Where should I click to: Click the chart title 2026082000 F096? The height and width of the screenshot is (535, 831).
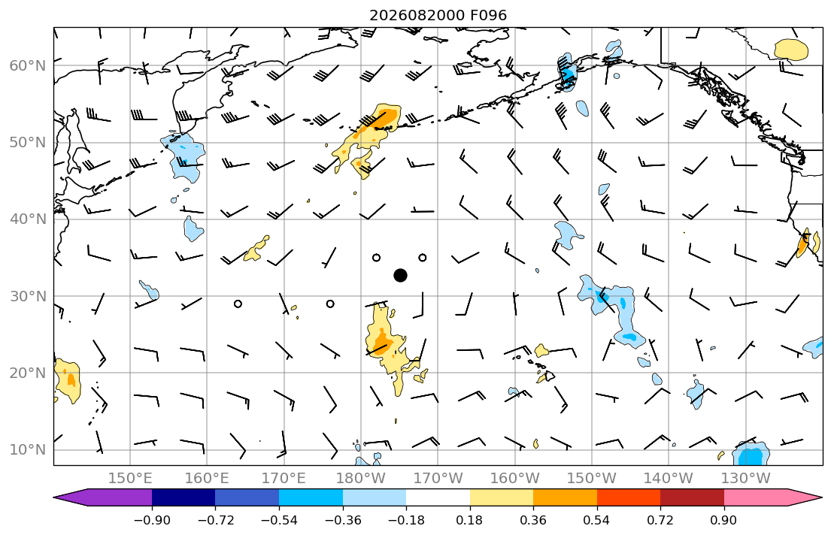click(438, 15)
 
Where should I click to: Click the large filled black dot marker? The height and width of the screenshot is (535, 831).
click(401, 276)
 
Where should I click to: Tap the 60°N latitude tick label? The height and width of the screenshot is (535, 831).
click(28, 65)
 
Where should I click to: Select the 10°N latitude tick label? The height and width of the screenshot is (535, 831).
click(28, 450)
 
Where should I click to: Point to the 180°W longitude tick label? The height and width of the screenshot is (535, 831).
click(361, 479)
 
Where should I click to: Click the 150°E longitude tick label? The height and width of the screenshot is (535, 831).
click(130, 479)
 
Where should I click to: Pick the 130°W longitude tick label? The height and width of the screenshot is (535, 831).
click(746, 479)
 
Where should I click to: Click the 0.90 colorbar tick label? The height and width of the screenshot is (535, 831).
click(723, 520)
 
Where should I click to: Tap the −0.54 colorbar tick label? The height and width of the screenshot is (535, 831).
click(279, 520)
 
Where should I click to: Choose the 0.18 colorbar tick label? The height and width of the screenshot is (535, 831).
click(469, 520)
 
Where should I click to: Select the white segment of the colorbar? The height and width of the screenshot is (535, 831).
click(438, 497)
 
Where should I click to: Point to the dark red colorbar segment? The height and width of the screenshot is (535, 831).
click(692, 497)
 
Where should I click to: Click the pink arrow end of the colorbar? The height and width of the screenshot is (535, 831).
click(769, 497)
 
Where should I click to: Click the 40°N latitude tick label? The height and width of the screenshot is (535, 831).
click(28, 219)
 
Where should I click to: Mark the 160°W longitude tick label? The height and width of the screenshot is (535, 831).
click(514, 479)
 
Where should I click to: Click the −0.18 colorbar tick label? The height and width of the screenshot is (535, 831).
click(406, 520)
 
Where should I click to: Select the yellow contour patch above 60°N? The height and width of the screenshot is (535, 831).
click(791, 50)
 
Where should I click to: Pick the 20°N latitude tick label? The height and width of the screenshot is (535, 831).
click(28, 373)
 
